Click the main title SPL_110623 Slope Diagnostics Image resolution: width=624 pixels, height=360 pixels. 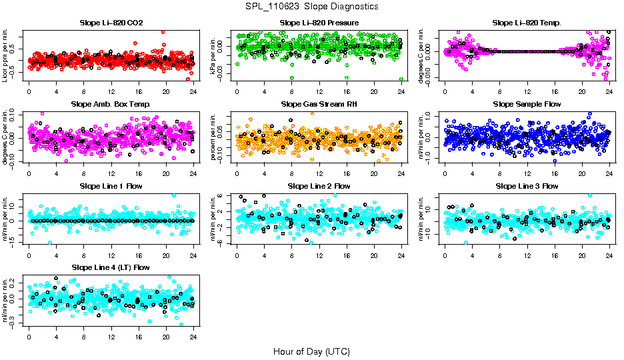coord(311,6)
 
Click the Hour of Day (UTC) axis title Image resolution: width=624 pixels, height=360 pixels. coord(311,351)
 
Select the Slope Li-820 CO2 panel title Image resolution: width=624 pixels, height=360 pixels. coord(111,23)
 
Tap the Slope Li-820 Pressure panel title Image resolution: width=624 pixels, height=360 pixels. coord(319,23)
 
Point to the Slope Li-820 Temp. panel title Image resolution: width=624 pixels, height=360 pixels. coord(527,23)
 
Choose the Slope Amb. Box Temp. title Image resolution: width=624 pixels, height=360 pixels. coord(111,105)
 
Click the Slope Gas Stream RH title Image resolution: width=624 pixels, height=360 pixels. coord(319,105)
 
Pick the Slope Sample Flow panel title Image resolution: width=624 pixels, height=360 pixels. coord(527,105)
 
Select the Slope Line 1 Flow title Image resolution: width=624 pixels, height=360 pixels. coord(111,186)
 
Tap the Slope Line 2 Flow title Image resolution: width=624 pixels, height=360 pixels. coord(319,186)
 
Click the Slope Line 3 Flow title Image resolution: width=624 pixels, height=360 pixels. coord(527,186)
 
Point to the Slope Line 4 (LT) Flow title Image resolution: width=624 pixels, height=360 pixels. coord(111,268)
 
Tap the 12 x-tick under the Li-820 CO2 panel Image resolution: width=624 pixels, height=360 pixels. coord(111,91)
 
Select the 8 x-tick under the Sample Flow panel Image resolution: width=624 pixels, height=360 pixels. coord(499,173)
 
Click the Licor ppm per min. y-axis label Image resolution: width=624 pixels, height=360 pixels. coord(5,56)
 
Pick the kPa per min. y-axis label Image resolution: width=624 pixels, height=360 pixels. coord(213,56)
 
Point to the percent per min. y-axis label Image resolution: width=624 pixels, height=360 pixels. coord(213,137)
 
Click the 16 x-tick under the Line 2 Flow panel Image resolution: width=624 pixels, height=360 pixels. coord(347,255)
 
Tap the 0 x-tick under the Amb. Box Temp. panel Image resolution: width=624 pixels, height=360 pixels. coord(29,173)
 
